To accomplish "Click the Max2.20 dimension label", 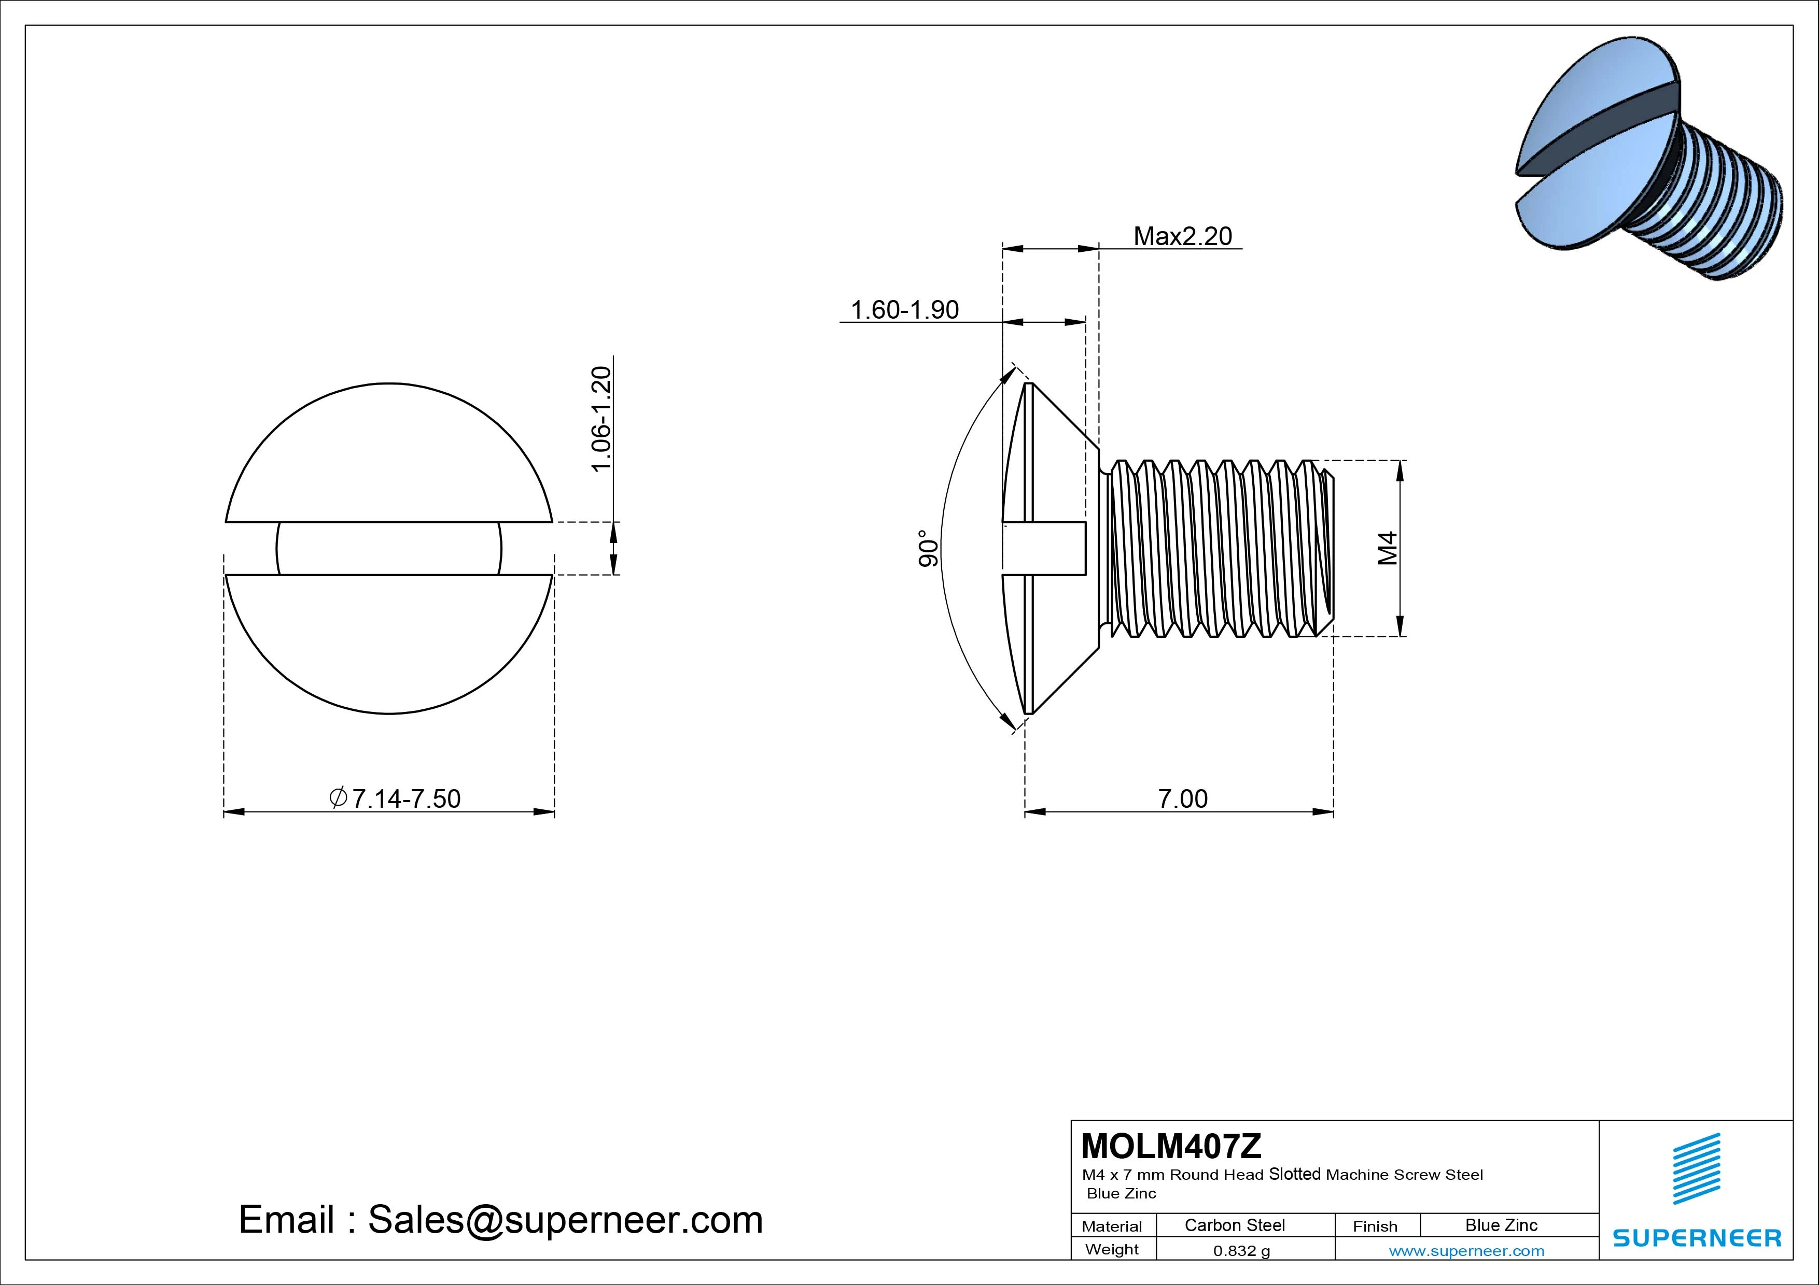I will pyautogui.click(x=1183, y=236).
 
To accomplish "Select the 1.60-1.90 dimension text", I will pyautogui.click(x=905, y=309).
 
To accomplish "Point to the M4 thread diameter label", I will pyautogui.click(x=1387, y=548).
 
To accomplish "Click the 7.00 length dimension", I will pyautogui.click(x=1183, y=799).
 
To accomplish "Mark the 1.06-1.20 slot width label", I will pyautogui.click(x=602, y=419).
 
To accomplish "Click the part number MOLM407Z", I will pyautogui.click(x=1171, y=1146).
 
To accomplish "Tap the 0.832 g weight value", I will pyautogui.click(x=1241, y=1251).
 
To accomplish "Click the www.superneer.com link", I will pyautogui.click(x=1466, y=1251).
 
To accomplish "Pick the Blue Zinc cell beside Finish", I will pyautogui.click(x=1501, y=1225).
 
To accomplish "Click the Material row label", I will pyautogui.click(x=1112, y=1226).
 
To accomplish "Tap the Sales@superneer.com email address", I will pyautogui.click(x=565, y=1220).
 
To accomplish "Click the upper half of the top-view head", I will pyautogui.click(x=388, y=459).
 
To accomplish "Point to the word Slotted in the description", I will pyautogui.click(x=1295, y=1174).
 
